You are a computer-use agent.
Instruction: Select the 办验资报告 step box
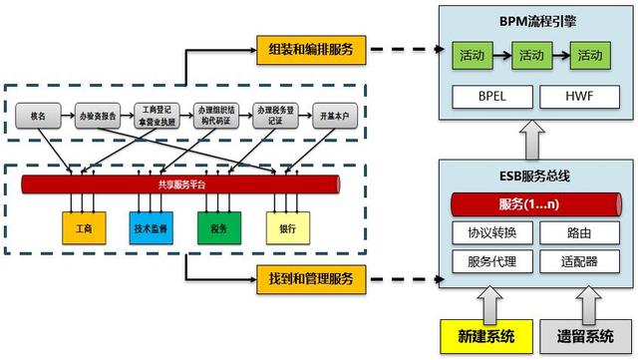click(x=97, y=116)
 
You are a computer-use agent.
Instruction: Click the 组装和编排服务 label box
click(x=310, y=48)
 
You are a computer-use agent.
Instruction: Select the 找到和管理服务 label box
click(x=310, y=273)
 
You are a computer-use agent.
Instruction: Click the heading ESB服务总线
click(x=532, y=174)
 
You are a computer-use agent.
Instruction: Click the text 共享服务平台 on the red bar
click(x=179, y=184)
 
